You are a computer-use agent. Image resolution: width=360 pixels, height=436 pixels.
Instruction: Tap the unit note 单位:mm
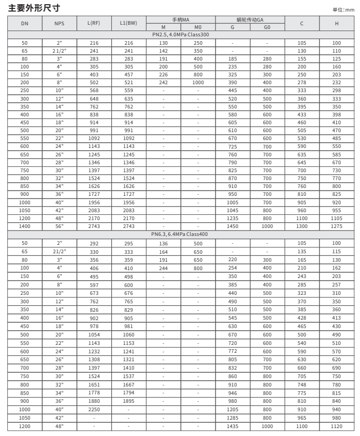[x=344, y=10]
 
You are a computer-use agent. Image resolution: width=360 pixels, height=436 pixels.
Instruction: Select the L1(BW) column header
[x=128, y=23]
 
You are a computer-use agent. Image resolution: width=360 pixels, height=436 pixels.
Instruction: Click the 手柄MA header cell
[x=180, y=19]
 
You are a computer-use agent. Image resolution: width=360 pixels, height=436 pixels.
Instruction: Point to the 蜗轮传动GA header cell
[x=250, y=19]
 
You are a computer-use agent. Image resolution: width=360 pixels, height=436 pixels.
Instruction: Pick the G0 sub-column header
[x=267, y=27]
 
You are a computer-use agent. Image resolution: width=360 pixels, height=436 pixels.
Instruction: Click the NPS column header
[x=59, y=23]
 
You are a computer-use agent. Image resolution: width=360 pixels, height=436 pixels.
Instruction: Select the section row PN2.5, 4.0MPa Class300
[x=180, y=34]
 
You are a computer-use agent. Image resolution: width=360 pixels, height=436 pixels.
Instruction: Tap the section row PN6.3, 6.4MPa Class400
[x=180, y=234]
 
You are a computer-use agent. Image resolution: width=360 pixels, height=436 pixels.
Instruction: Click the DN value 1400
[x=25, y=226]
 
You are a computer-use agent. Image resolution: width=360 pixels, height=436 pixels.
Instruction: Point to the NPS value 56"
[x=59, y=226]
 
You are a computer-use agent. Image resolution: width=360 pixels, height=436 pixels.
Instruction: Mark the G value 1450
[x=232, y=226]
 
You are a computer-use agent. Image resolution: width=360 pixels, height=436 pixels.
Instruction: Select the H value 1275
[x=337, y=226]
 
